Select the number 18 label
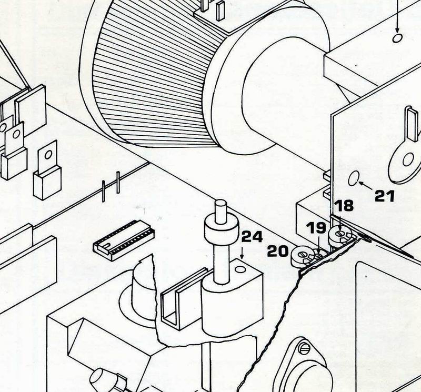click(345, 206)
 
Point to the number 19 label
click(317, 228)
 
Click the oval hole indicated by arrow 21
click(354, 179)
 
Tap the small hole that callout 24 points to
click(241, 269)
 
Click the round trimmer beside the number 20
click(302, 256)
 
